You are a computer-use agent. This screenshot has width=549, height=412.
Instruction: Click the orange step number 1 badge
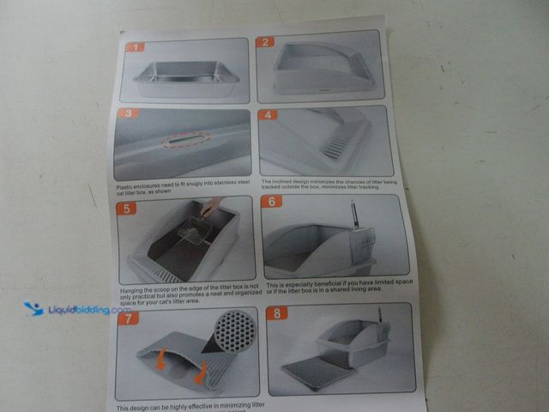135,46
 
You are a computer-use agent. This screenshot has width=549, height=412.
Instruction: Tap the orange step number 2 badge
267,41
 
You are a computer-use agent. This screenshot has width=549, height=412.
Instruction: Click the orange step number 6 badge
273,203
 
